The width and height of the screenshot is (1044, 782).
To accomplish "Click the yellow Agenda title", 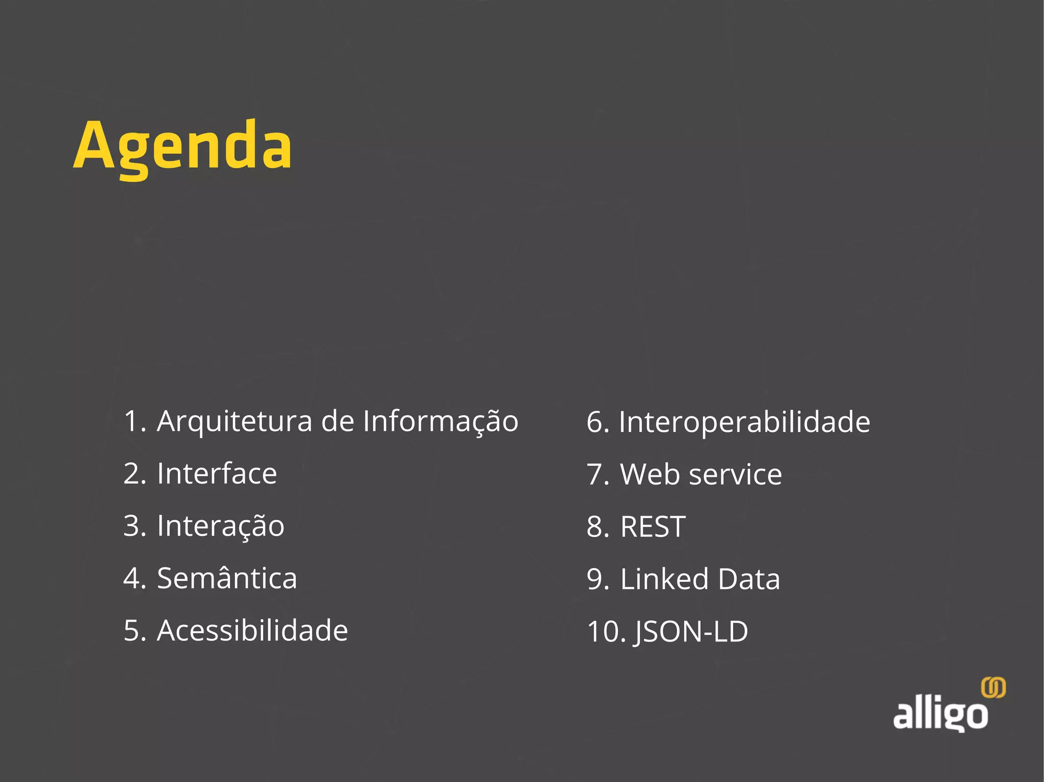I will (182, 147).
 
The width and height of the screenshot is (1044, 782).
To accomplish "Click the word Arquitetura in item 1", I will (234, 422).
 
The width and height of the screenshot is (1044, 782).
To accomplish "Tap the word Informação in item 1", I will (440, 422).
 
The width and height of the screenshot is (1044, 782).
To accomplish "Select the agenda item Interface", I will (217, 474).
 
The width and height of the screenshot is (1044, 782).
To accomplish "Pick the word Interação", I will (220, 526).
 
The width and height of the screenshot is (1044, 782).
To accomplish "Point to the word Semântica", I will (227, 578).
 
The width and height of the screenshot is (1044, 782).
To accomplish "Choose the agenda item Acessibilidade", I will (252, 631).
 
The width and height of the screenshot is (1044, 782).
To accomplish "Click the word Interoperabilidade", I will (744, 422).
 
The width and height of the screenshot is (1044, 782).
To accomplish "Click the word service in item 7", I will (735, 475).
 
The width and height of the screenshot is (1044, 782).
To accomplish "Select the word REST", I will (652, 527).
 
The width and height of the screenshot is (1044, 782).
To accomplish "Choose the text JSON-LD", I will (691, 632).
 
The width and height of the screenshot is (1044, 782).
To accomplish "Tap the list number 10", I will (605, 632).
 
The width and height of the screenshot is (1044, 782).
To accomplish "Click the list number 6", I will (597, 422).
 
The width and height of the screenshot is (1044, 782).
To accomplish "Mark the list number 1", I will (134, 422).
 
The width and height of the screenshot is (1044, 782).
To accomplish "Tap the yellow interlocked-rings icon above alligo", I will (993, 688).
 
